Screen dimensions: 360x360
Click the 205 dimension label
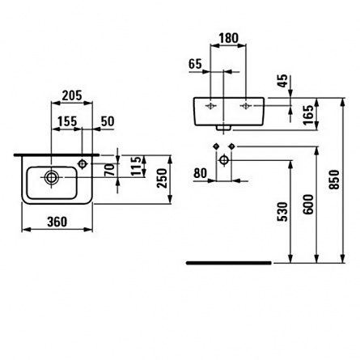72,95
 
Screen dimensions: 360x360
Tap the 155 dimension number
67,121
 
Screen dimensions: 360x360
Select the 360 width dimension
57,222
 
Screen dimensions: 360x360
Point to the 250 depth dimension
163,178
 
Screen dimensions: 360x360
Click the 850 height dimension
334,180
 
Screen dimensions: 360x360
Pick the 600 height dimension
308,205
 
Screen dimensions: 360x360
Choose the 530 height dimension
283,212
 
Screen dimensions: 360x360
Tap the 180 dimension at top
228,38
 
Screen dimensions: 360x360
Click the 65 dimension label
195,64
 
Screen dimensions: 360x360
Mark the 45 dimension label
282,81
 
